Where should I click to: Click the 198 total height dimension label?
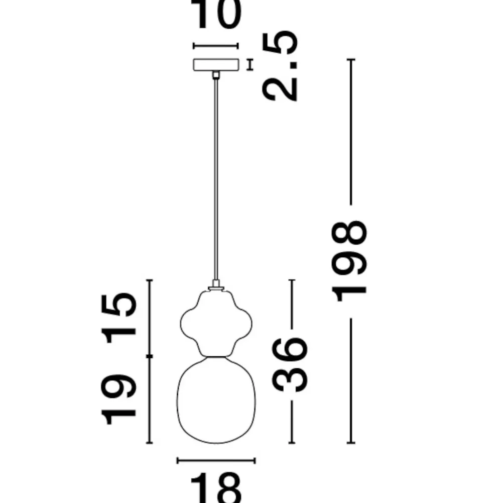coord(349,261)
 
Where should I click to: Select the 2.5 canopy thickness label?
coord(280,66)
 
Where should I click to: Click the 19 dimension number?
coord(118,399)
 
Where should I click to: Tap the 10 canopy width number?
coord(215,14)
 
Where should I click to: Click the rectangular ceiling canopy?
coord(216,64)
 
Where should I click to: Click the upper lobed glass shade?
coord(215,324)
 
